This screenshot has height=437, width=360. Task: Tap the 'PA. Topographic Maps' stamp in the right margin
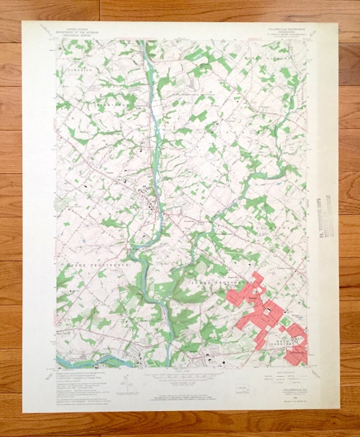pyautogui.click(x=324, y=218)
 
